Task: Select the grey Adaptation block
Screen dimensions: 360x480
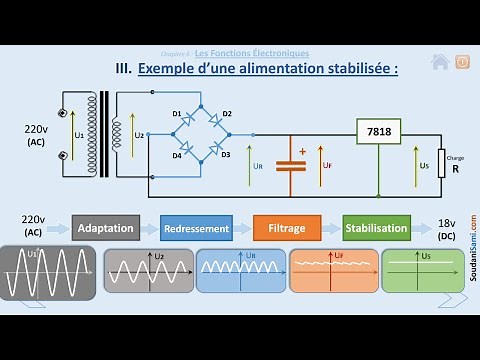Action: point(104,228)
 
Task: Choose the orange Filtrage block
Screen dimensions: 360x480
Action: point(286,228)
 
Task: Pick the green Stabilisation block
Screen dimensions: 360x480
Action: point(376,228)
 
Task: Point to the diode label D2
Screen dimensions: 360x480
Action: point(227,115)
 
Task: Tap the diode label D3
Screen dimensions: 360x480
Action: point(226,154)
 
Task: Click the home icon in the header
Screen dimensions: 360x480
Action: point(439,62)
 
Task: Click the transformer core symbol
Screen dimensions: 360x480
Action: point(103,134)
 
